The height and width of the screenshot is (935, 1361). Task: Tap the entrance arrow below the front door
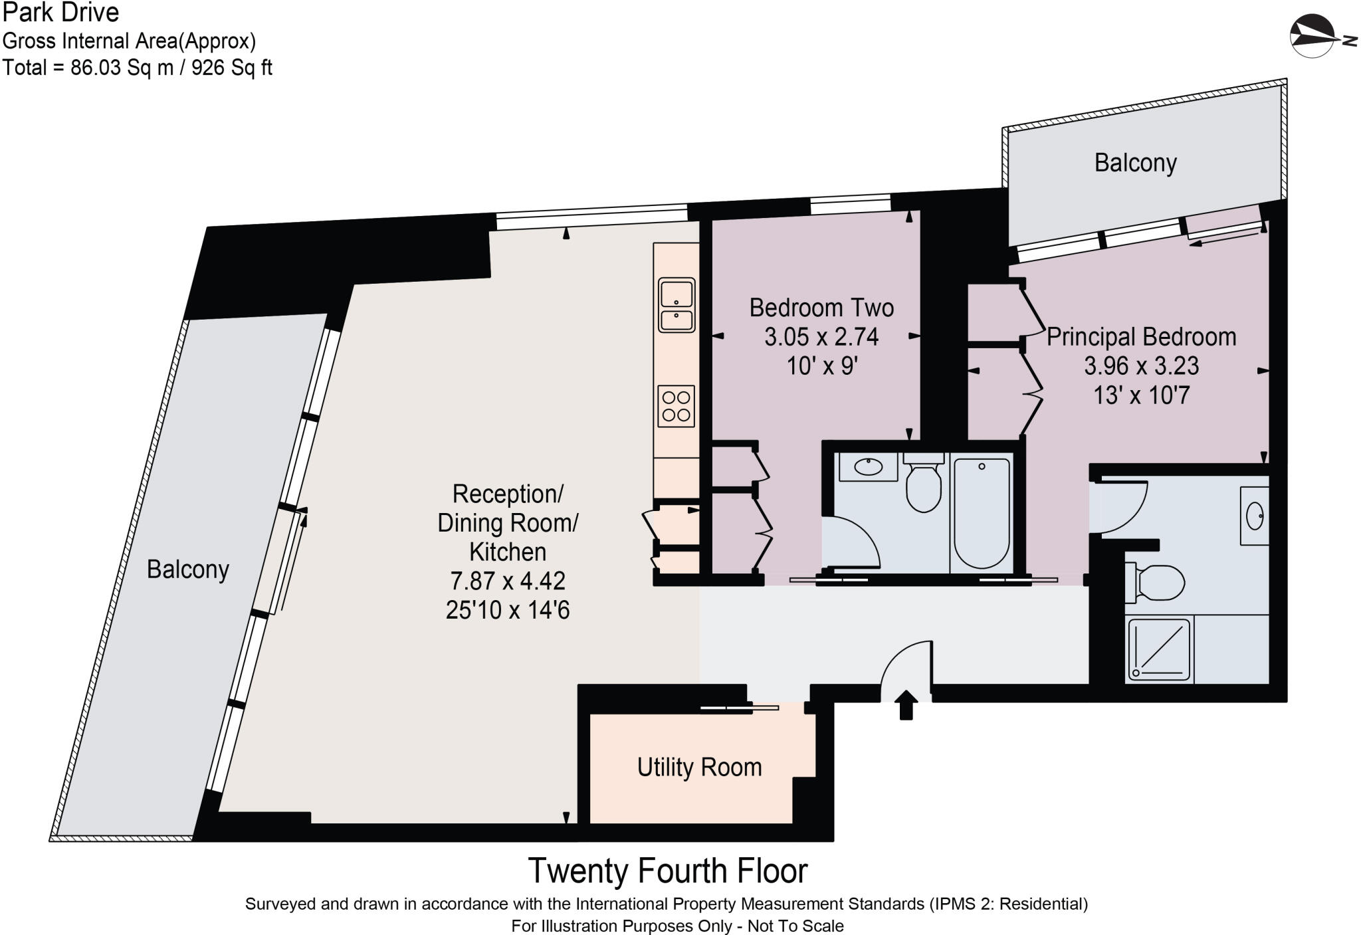(x=906, y=704)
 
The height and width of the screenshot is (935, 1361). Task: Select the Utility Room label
(x=699, y=768)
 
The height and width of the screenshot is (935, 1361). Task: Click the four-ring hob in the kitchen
(x=676, y=406)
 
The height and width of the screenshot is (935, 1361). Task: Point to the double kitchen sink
(x=677, y=305)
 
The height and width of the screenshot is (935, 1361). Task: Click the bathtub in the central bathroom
(x=982, y=512)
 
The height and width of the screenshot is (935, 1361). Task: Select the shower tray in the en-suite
(x=1160, y=649)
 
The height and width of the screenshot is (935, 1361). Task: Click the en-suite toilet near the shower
(x=1155, y=583)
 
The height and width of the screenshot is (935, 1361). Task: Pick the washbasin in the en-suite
(x=1254, y=516)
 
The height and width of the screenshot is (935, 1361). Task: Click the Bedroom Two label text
(x=821, y=308)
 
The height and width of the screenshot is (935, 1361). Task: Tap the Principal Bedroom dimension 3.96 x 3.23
(x=1142, y=365)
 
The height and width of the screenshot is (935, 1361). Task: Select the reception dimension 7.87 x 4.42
(x=508, y=581)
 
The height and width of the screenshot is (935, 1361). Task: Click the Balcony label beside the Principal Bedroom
(x=1135, y=163)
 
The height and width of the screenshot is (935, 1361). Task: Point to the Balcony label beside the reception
(x=187, y=570)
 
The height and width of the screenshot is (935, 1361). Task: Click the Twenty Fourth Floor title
(x=667, y=871)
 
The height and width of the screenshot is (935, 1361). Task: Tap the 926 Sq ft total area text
(x=232, y=68)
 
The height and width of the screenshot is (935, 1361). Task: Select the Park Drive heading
(x=60, y=13)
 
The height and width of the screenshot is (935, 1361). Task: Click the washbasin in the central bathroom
(x=867, y=467)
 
